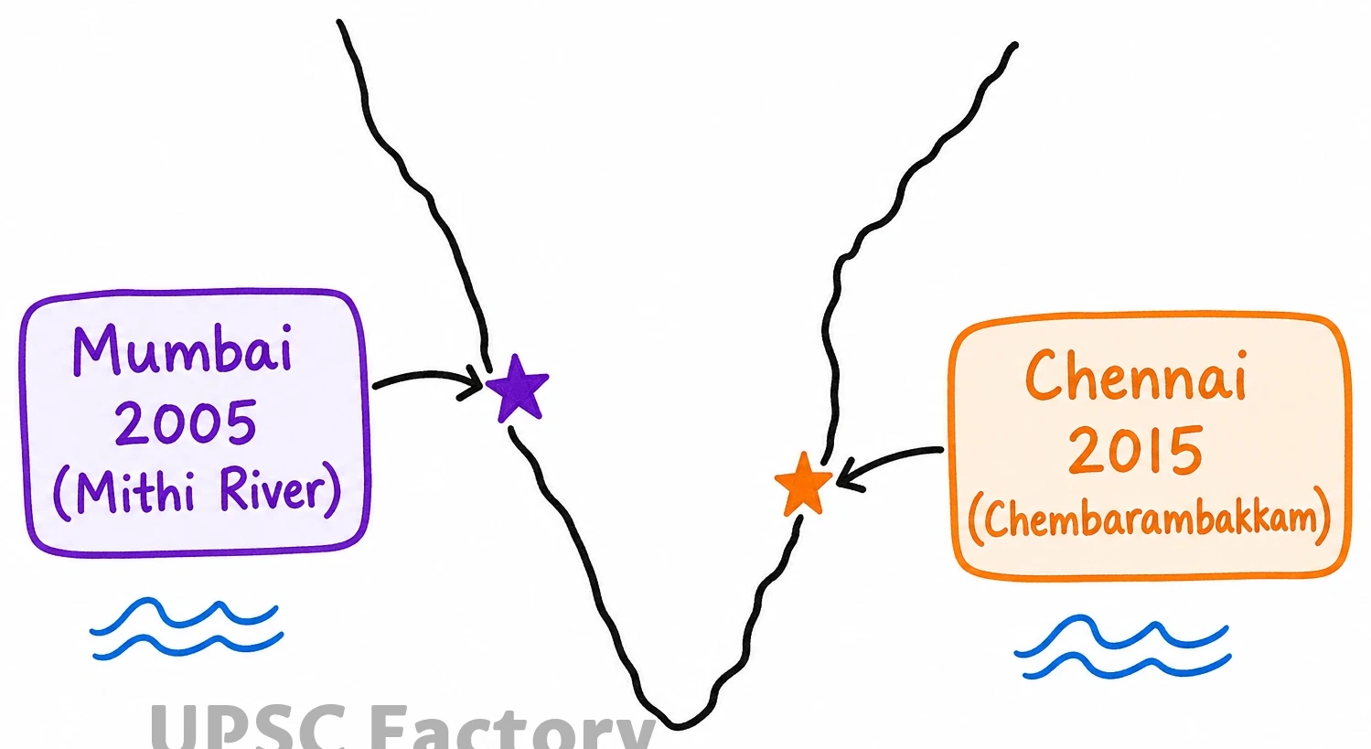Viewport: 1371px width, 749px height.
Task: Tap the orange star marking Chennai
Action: point(803,484)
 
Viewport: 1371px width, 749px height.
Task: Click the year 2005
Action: point(186,423)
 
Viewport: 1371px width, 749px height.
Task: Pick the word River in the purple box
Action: point(272,488)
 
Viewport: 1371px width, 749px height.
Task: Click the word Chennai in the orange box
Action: point(1136,375)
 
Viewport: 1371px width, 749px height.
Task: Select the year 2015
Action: point(1136,450)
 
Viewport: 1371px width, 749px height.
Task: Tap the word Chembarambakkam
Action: point(1150,519)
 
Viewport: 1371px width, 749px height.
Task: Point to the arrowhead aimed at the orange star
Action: point(847,475)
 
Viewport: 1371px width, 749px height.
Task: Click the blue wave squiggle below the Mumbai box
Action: point(187,628)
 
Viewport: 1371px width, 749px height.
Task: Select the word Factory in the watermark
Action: point(513,728)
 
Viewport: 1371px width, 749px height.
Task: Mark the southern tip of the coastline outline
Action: point(677,727)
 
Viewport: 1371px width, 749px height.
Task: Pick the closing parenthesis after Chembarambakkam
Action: point(1323,517)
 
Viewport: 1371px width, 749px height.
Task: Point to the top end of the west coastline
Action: point(339,23)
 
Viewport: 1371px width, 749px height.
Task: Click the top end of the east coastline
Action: point(1015,46)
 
